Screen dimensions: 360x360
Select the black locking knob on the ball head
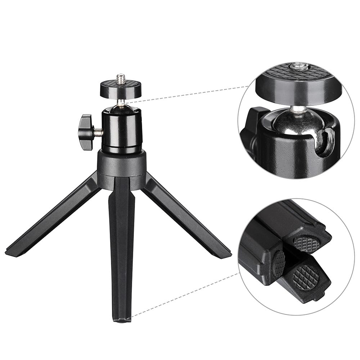coord(86,132)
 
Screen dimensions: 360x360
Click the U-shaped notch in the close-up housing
coord(326,142)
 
